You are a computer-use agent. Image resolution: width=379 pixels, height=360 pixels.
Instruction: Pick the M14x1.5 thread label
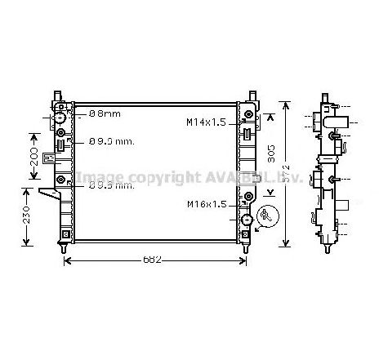click(205, 122)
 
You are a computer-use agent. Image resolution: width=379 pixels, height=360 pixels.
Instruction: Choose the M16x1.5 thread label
click(205, 204)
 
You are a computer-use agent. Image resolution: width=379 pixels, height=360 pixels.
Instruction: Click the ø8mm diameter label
click(104, 113)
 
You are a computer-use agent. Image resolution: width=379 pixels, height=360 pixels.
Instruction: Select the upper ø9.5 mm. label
click(111, 140)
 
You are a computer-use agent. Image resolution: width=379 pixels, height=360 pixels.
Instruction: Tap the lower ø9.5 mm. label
click(111, 185)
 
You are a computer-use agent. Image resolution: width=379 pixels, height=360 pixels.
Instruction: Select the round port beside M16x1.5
click(244, 218)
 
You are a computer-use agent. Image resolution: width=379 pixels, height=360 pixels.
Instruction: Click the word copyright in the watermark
click(149, 177)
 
